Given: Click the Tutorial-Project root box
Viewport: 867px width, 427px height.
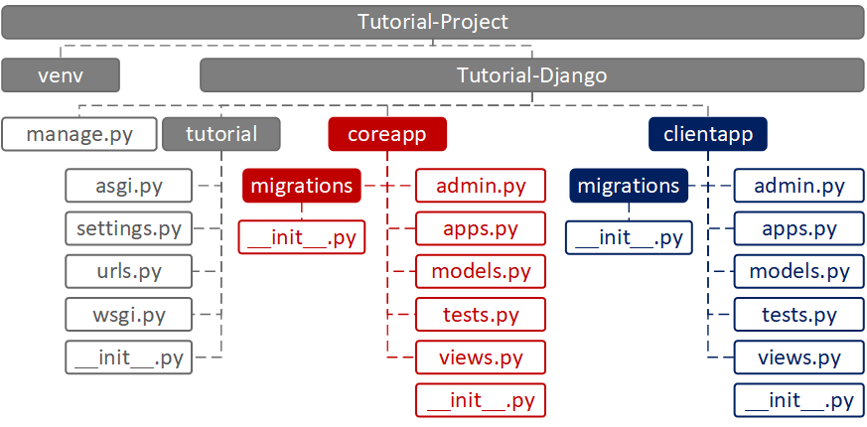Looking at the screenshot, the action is coord(433,22).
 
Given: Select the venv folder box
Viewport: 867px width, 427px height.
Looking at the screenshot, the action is coord(61,74).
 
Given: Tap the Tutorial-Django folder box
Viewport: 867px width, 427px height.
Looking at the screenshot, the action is coord(532,74).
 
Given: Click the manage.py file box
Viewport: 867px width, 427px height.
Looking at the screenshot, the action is coord(79,134).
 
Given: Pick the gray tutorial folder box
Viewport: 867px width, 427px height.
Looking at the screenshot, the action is coord(221,134).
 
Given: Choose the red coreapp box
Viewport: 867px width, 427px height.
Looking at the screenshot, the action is coord(387,134).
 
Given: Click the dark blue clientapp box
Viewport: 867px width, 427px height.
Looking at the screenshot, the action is coord(708,134).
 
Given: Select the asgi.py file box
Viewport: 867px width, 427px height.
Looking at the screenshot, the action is coord(128,186).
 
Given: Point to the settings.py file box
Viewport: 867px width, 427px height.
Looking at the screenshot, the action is coord(128,227).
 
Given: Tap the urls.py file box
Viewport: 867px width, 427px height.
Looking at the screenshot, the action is coord(128,271).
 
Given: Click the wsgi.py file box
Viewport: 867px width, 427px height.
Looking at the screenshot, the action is coord(128,314).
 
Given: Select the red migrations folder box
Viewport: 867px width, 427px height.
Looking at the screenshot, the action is coord(302,186).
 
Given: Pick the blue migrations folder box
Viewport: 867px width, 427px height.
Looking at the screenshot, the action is coord(629,186).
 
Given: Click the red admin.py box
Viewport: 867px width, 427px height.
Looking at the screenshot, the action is coord(481,186).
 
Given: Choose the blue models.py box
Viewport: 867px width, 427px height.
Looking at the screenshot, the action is coord(799,271).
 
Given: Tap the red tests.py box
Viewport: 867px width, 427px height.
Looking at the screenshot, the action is coord(481,314).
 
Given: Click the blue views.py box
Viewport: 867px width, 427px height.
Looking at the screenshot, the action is coord(799,357).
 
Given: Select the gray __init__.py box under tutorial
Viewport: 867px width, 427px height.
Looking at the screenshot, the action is coord(128,357).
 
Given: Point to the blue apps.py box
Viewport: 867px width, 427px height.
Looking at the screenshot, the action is coord(799,227).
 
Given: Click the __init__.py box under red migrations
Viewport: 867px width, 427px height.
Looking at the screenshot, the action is coord(302,237).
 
